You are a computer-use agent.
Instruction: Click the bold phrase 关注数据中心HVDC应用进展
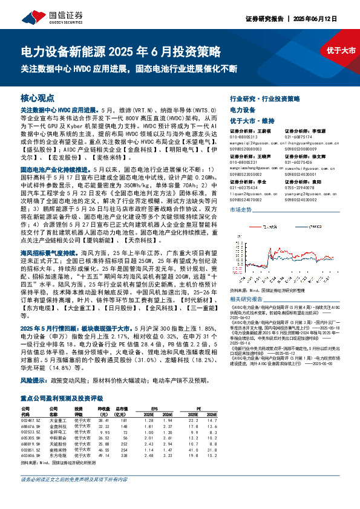pos(59,111)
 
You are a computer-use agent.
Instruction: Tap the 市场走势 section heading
pos(241,209)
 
